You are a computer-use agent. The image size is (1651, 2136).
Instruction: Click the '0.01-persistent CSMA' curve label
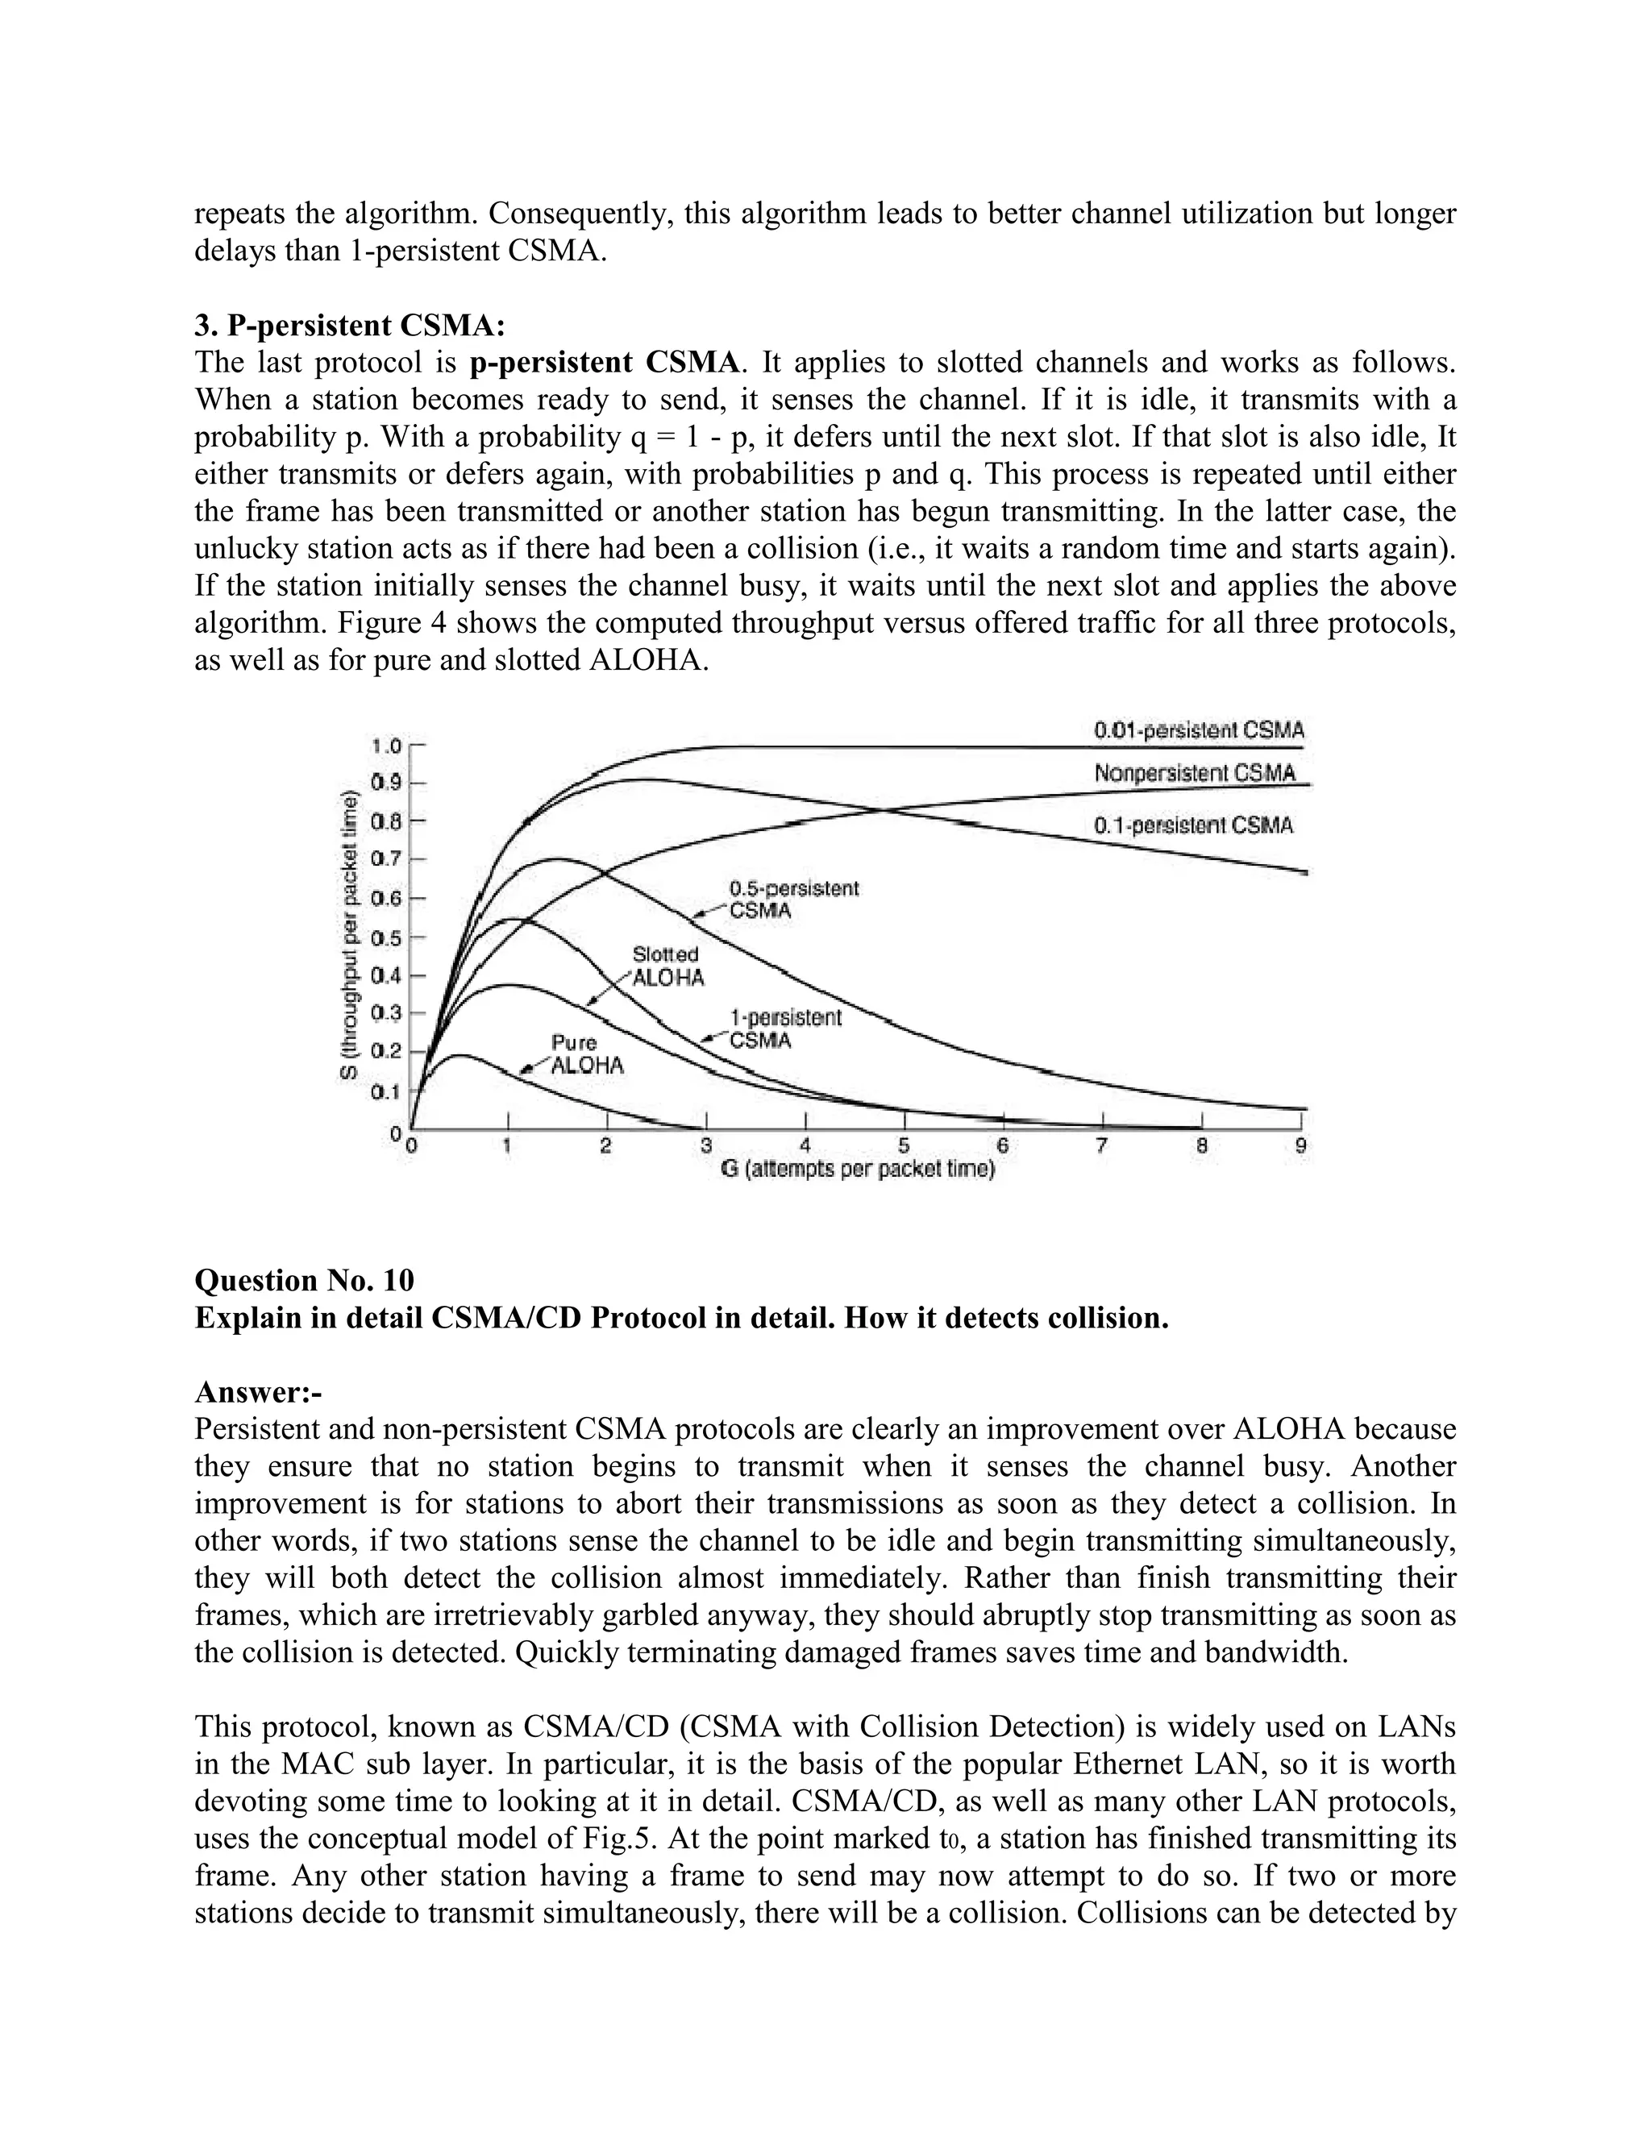coord(1198,730)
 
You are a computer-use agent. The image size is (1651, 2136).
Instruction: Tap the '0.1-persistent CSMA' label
coord(1193,825)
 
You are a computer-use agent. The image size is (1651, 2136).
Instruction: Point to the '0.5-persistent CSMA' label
coord(793,900)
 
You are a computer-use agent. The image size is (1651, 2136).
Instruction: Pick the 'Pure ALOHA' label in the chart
coord(586,1055)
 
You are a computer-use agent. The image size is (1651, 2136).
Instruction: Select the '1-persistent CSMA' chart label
coord(784,1029)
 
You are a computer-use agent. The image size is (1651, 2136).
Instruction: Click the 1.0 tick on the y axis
coord(386,746)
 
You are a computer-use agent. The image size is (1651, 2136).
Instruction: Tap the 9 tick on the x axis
coord(1301,1146)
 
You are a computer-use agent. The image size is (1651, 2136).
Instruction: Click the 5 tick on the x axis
coord(904,1146)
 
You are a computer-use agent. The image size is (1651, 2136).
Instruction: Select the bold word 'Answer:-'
coord(258,1392)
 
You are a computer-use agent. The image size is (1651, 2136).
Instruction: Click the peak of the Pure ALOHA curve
coord(458,1055)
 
